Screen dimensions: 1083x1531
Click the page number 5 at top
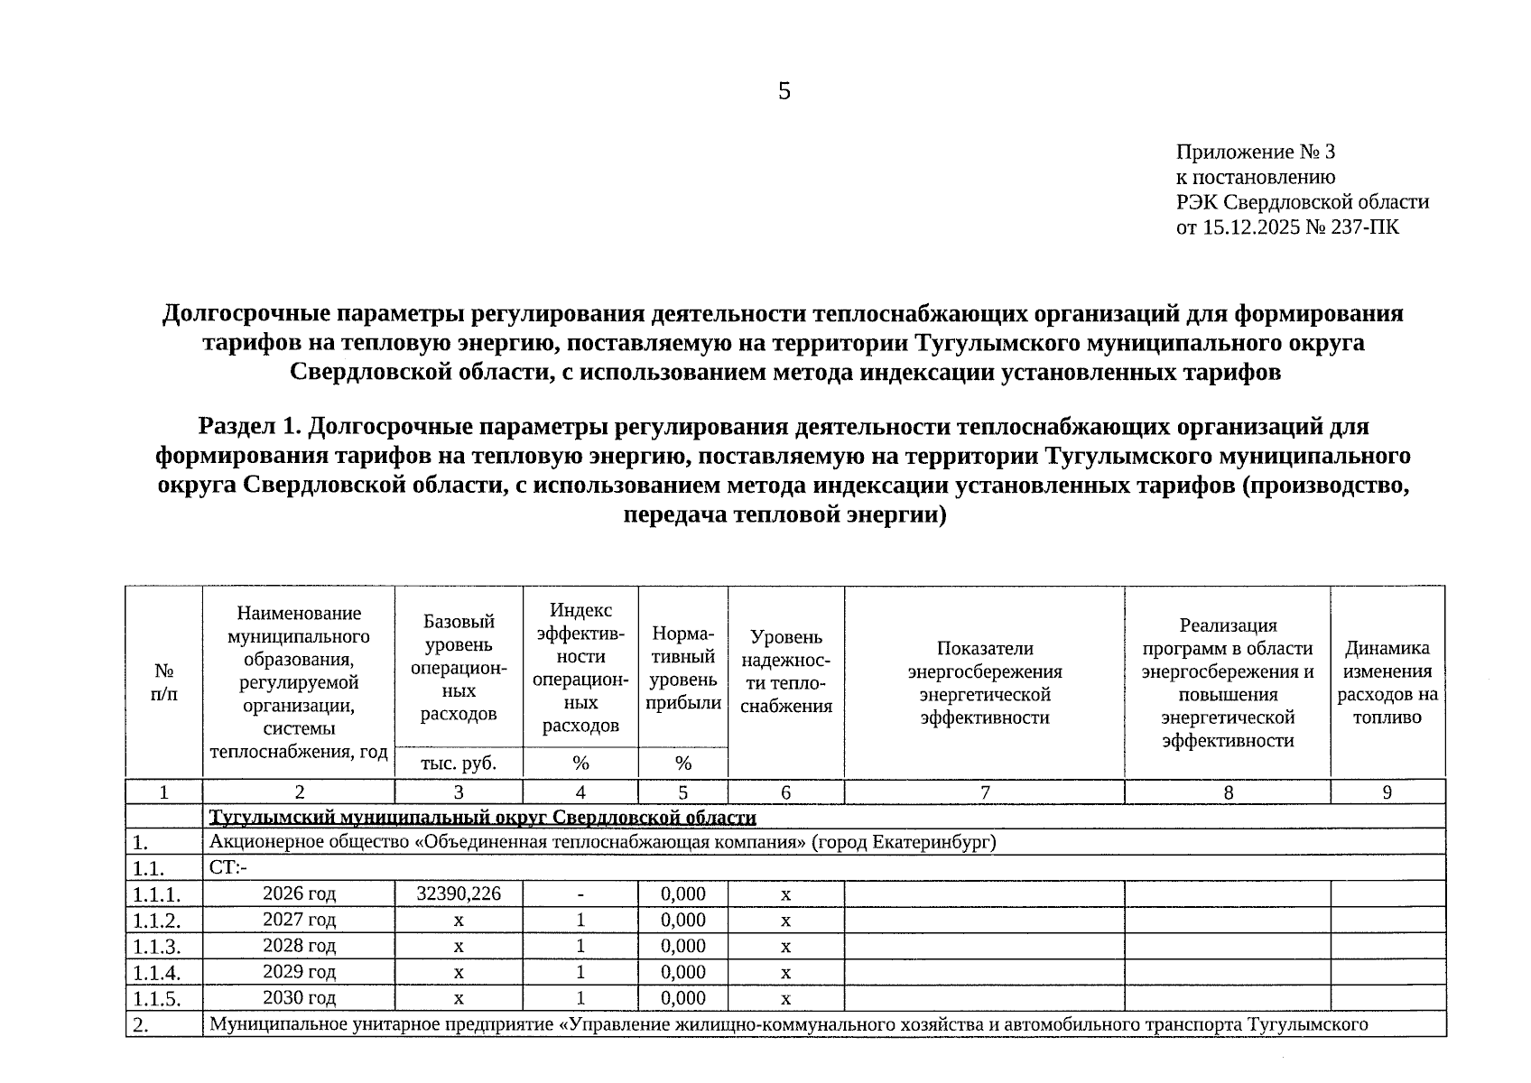click(x=784, y=91)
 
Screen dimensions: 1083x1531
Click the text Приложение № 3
click(x=1255, y=152)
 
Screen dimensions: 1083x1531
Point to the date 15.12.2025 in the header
click(x=1250, y=227)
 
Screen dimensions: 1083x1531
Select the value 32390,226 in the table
click(x=459, y=893)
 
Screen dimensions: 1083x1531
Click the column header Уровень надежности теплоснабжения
click(x=786, y=671)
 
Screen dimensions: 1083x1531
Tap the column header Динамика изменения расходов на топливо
click(x=1387, y=682)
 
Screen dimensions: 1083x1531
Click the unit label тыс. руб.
click(x=459, y=764)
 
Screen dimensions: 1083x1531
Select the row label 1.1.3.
click(x=156, y=947)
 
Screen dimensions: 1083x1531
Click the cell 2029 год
click(x=299, y=972)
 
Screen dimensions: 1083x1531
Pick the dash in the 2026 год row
click(x=580, y=894)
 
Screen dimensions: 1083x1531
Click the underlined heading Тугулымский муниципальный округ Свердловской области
click(x=482, y=818)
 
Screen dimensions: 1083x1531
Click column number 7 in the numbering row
click(x=985, y=792)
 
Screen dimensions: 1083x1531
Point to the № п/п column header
click(x=164, y=682)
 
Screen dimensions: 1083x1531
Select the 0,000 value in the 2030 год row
click(x=682, y=998)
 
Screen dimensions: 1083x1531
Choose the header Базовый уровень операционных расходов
click(x=459, y=668)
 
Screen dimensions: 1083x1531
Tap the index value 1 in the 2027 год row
click(x=580, y=920)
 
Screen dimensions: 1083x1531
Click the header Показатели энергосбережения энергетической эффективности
click(x=985, y=682)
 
